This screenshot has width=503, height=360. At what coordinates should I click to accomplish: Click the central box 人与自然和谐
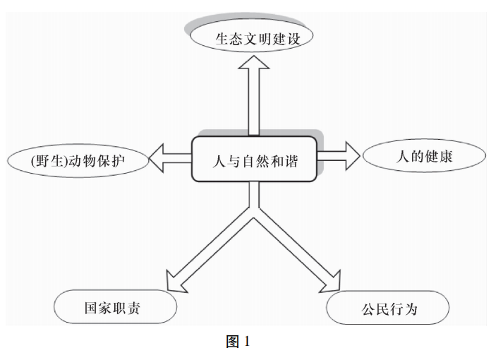[255, 160]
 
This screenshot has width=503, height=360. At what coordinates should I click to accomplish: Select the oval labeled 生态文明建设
[252, 37]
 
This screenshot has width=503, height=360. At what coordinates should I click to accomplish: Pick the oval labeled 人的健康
[423, 157]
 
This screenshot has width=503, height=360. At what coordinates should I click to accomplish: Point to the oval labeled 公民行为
[387, 308]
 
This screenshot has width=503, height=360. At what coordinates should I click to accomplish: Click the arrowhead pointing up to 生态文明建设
[253, 65]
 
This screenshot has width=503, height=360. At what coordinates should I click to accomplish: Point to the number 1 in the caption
[247, 342]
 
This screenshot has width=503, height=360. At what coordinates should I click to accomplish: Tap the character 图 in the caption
[233, 342]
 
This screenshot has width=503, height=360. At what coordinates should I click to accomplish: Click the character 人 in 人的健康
[399, 157]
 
